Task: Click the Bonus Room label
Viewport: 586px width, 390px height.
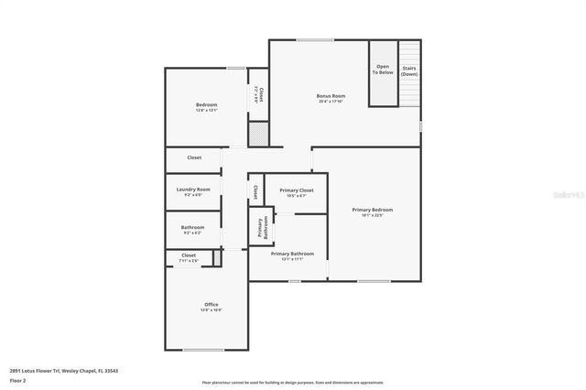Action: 331,96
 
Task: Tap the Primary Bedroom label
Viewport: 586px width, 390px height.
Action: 378,210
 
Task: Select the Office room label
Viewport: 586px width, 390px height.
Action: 212,304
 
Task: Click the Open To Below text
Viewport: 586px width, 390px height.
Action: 383,70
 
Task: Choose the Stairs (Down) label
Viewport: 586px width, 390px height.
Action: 409,70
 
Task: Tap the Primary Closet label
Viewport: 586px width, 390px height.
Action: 297,190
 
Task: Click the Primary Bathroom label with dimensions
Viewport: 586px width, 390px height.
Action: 292,253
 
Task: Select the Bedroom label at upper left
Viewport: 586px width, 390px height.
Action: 206,105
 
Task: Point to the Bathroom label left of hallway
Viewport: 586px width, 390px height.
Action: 192,227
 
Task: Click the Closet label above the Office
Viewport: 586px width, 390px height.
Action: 189,255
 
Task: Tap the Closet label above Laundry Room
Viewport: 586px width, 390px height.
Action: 194,157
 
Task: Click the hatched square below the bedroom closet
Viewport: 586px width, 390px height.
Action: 259,135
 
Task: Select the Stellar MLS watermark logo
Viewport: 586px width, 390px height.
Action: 565,194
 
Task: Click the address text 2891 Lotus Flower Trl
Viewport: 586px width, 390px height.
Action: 64,371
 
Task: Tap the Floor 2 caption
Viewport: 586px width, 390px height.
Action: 17,380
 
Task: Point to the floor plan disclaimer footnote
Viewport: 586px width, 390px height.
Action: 292,382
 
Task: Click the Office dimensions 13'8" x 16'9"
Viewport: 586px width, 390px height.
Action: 212,310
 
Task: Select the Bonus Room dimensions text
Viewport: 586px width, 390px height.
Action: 331,102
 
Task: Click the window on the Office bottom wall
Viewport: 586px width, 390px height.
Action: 202,350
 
